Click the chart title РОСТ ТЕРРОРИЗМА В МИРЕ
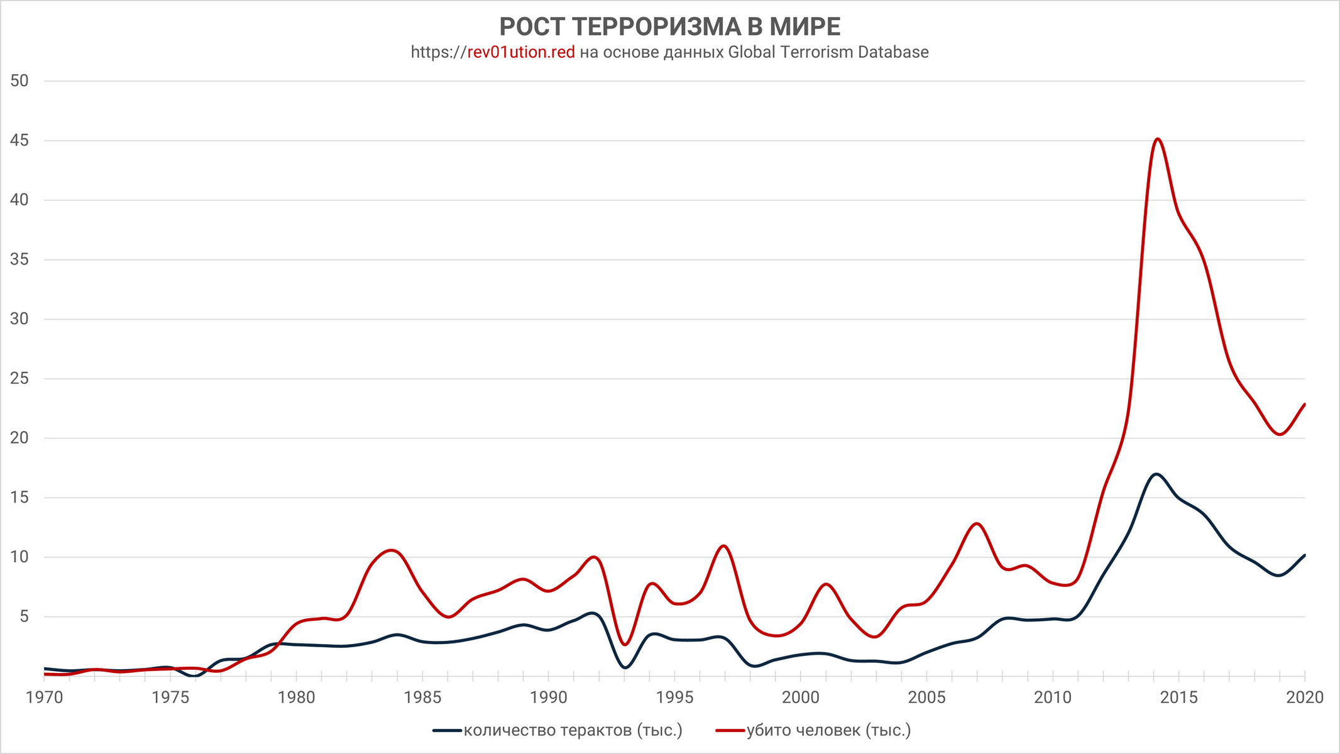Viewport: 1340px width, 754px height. pos(669,28)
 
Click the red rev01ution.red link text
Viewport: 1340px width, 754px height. pos(521,52)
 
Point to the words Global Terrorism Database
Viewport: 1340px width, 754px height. pos(828,52)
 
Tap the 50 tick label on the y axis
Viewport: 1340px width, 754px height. pos(19,81)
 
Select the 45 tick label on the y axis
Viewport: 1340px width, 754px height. pos(19,141)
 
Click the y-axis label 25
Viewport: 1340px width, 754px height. pos(19,379)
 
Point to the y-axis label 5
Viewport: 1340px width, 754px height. pos(25,617)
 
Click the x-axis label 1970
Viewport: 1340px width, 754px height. pos(44,697)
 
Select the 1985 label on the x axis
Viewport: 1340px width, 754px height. pos(422,697)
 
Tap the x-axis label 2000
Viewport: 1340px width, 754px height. pos(801,697)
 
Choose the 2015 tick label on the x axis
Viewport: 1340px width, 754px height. pos(1178,697)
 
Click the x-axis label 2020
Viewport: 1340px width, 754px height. pos(1305,697)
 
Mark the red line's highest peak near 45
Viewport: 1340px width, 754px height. pos(1158,139)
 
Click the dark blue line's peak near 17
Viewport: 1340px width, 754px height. pos(1156,474)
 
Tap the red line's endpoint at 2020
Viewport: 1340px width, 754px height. pos(1305,404)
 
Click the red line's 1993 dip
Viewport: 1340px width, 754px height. pos(624,645)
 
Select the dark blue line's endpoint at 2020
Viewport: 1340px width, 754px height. pos(1305,555)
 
